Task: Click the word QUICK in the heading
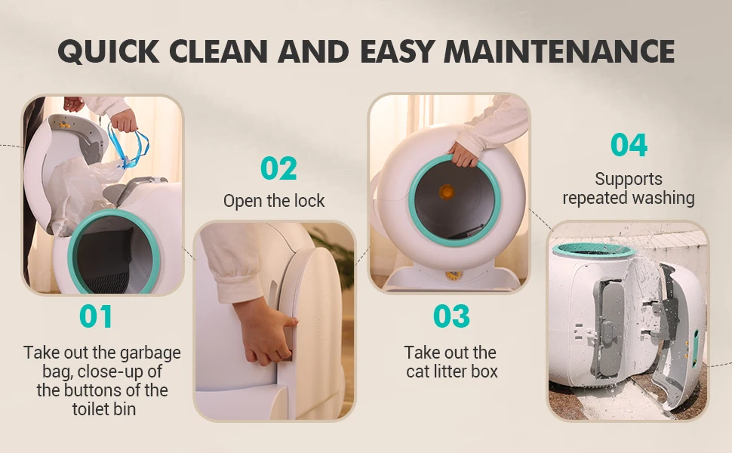click(109, 51)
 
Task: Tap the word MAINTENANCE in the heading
click(559, 51)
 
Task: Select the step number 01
click(96, 316)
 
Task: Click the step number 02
click(278, 168)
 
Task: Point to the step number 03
click(451, 316)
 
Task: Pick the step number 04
click(629, 145)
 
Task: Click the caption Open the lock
click(274, 201)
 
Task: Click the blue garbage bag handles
click(128, 144)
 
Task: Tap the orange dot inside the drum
click(447, 191)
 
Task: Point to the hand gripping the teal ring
click(462, 154)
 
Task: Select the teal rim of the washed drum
click(593, 250)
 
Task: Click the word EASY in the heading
click(398, 51)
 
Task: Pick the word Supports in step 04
click(629, 180)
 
